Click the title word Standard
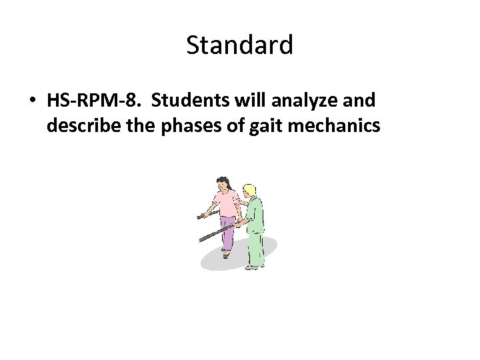(239, 46)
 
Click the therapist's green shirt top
(255, 212)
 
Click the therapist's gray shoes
(251, 267)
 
